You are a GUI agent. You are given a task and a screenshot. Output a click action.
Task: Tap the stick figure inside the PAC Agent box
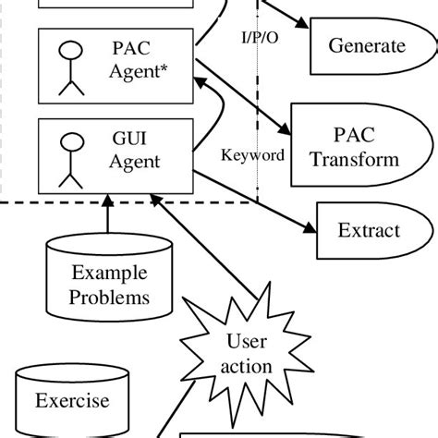(x=67, y=67)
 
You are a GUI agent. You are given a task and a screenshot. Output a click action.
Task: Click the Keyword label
(x=251, y=155)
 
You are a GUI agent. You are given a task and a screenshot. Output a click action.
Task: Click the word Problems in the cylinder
(x=109, y=298)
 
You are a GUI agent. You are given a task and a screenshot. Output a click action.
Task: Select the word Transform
(x=355, y=159)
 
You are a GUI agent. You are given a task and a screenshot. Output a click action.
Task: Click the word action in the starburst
(x=247, y=367)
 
